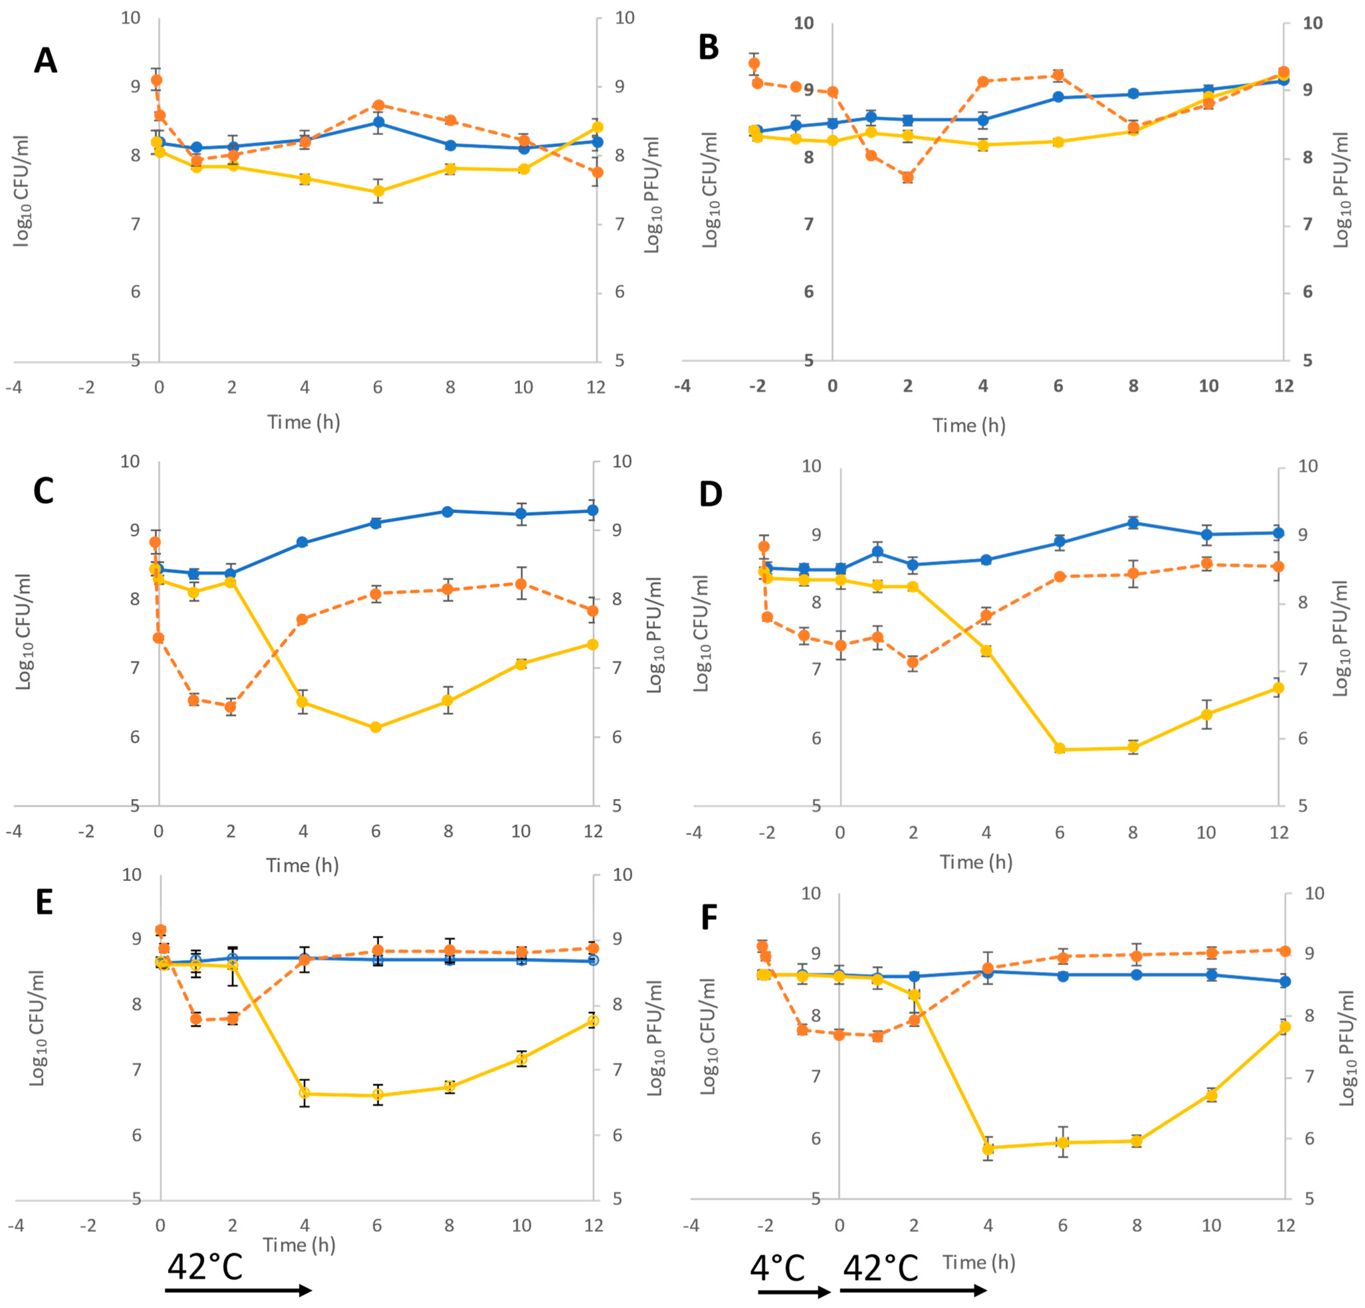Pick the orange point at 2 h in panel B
pyautogui.click(x=907, y=177)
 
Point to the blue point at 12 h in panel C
pyautogui.click(x=593, y=510)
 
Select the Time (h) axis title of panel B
pyautogui.click(x=969, y=425)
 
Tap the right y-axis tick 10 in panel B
pyautogui.click(x=1312, y=23)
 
